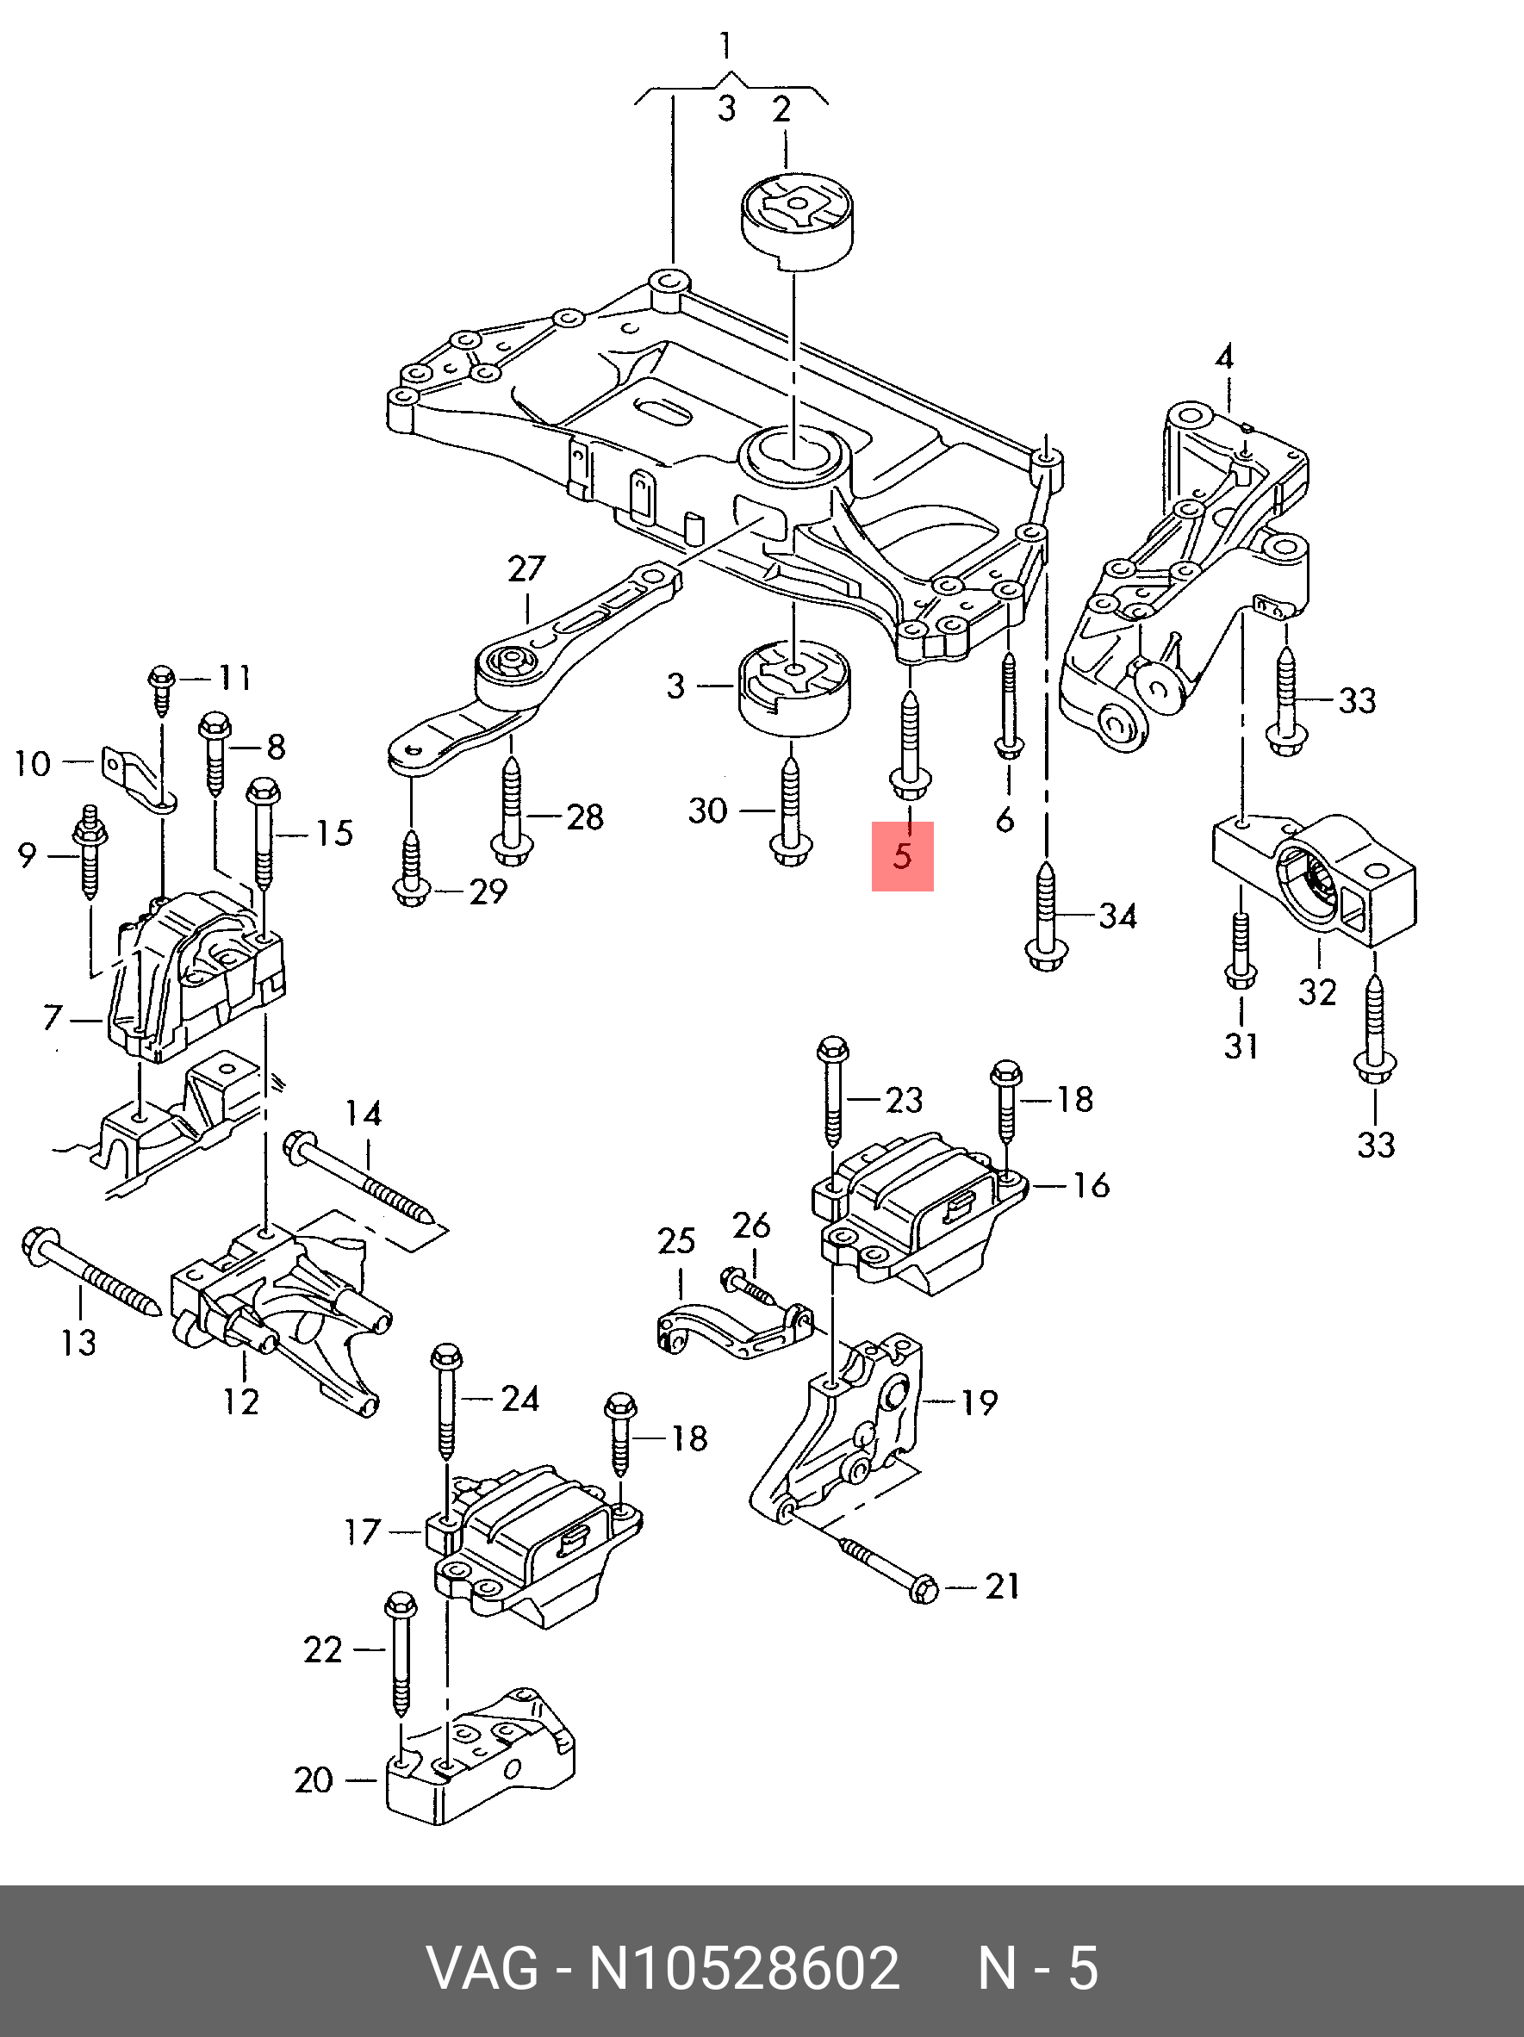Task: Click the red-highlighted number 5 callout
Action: [x=903, y=855]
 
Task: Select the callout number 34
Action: [x=1117, y=916]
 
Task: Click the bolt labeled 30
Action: [x=789, y=811]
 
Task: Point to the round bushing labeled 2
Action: [x=798, y=221]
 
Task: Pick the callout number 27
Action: [x=526, y=570]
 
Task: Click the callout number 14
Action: [x=364, y=1115]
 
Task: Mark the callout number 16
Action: [x=1092, y=1185]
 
